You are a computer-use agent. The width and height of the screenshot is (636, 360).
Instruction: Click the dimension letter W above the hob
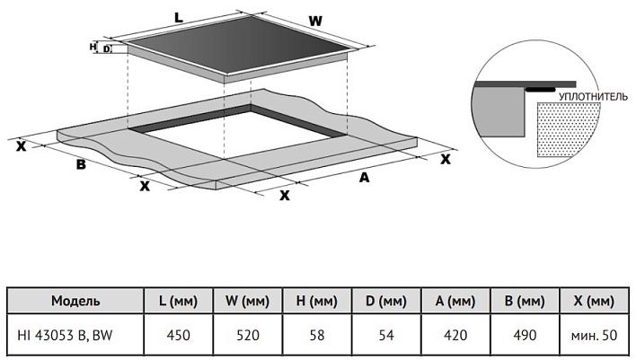pyautogui.click(x=315, y=21)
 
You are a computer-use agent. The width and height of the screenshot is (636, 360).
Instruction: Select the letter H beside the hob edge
pyautogui.click(x=93, y=45)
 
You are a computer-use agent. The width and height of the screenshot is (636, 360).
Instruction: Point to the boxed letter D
pyautogui.click(x=107, y=49)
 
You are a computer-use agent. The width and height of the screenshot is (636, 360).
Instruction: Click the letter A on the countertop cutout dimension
pyautogui.click(x=364, y=178)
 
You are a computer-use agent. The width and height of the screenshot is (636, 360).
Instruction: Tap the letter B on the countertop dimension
pyautogui.click(x=80, y=164)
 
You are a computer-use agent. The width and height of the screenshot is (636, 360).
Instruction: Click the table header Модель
pyautogui.click(x=75, y=301)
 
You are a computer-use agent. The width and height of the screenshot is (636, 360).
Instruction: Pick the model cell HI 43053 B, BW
pyautogui.click(x=68, y=335)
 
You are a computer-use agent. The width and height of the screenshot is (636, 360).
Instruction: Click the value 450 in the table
pyautogui.click(x=179, y=335)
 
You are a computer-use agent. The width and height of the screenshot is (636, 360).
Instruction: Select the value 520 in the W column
pyautogui.click(x=247, y=335)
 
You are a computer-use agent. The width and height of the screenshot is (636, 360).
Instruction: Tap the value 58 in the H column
pyautogui.click(x=316, y=335)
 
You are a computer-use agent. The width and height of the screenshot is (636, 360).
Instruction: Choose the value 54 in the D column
pyautogui.click(x=385, y=335)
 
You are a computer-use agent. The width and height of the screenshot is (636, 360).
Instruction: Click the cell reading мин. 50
pyautogui.click(x=593, y=335)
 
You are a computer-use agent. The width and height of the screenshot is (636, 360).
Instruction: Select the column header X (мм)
pyautogui.click(x=593, y=301)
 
